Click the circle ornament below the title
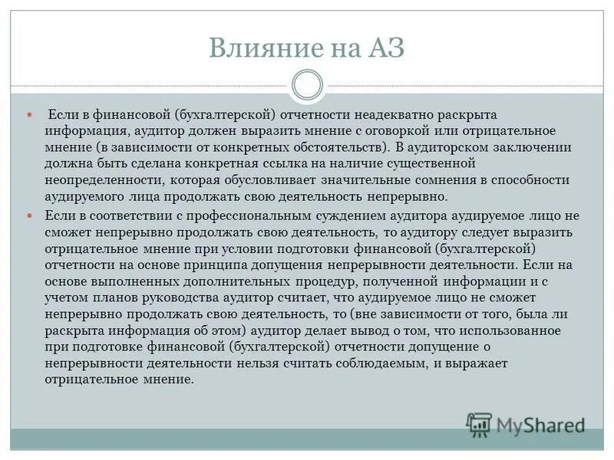308,85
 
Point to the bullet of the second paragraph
31,195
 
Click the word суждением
332,216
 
